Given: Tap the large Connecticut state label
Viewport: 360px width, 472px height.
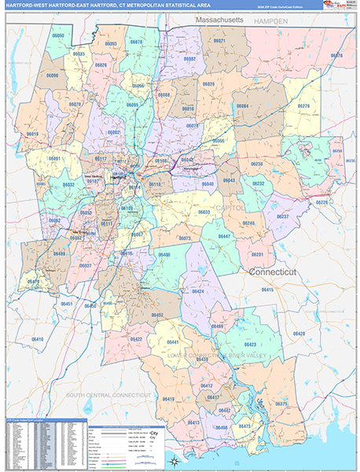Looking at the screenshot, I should coord(282,271).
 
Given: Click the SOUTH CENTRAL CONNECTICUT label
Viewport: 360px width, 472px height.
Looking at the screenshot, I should coord(108,394).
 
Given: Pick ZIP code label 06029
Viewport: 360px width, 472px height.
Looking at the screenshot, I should coord(208,84).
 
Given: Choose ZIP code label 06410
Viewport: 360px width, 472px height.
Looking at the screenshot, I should coord(37,339).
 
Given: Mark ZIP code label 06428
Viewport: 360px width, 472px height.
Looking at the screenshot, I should coord(298,334).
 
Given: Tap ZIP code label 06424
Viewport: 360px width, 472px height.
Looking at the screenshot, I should coord(198,292).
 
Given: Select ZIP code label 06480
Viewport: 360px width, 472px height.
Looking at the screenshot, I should coord(164,255).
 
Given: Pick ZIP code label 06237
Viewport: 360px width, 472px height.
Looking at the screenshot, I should coord(282,216).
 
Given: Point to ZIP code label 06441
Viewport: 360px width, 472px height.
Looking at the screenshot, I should coord(173,343).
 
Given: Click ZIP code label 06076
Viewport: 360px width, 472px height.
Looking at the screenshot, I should coord(336,56).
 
